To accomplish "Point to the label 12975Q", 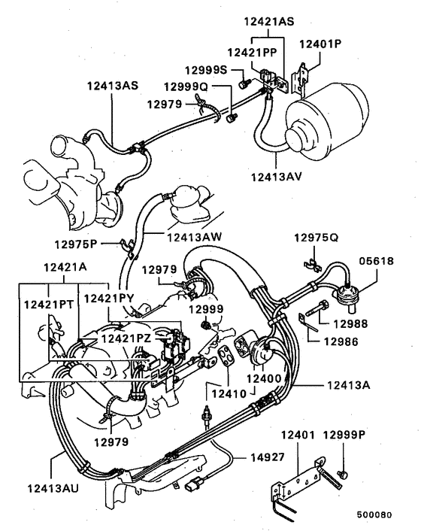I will [x=317, y=237].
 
